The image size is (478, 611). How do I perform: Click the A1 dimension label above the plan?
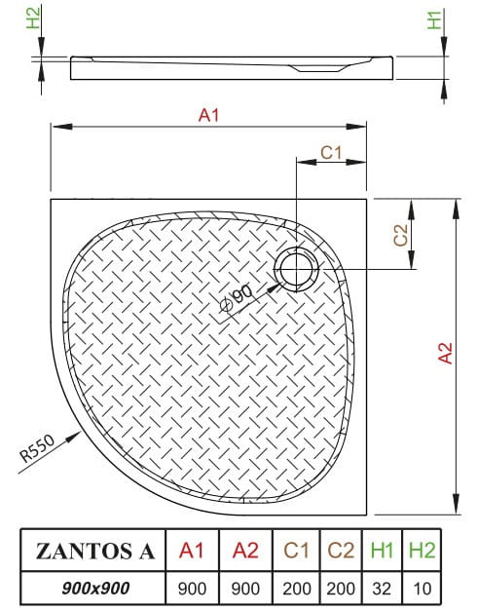[x=207, y=115]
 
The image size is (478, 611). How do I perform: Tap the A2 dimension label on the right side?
[x=446, y=353]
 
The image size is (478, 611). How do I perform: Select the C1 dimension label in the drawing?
[x=332, y=151]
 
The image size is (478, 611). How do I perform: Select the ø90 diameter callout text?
[x=238, y=296]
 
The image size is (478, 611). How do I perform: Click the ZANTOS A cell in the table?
[x=93, y=551]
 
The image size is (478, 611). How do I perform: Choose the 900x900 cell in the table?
[x=93, y=588]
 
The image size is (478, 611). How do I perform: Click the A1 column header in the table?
[x=192, y=551]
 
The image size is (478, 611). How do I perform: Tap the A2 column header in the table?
[x=247, y=551]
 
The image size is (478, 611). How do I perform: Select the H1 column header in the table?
[x=382, y=551]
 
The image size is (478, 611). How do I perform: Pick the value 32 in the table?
[x=382, y=588]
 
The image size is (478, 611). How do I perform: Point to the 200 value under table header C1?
[x=297, y=588]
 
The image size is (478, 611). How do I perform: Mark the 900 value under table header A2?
[x=247, y=588]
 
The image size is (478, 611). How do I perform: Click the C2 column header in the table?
[x=340, y=551]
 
